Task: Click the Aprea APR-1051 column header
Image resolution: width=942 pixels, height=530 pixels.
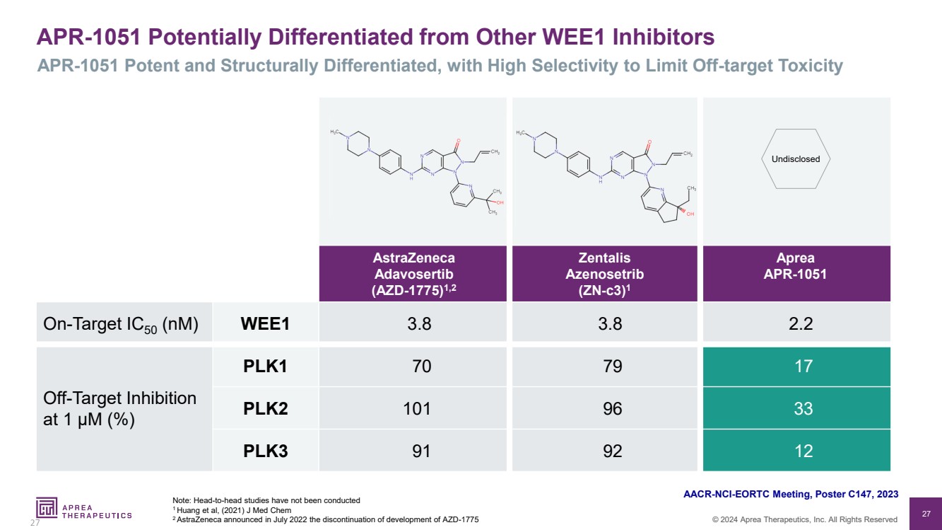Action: (x=797, y=266)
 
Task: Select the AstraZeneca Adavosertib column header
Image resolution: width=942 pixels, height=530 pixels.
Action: (x=413, y=273)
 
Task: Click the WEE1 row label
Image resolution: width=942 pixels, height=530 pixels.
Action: (x=265, y=323)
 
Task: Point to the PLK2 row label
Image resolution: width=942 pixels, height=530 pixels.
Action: (x=265, y=408)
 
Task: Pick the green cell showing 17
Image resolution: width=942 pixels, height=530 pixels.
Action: (x=797, y=366)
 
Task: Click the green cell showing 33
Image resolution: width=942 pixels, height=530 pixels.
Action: (x=797, y=408)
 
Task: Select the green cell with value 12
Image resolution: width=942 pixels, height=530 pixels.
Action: (x=797, y=451)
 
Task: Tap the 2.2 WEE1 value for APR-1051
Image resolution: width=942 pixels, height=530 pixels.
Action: (x=797, y=323)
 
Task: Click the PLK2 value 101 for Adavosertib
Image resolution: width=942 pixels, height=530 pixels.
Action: (x=413, y=408)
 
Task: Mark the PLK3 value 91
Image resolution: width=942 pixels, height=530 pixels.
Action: (x=413, y=451)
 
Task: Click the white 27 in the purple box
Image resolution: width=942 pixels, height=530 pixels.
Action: (x=926, y=513)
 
